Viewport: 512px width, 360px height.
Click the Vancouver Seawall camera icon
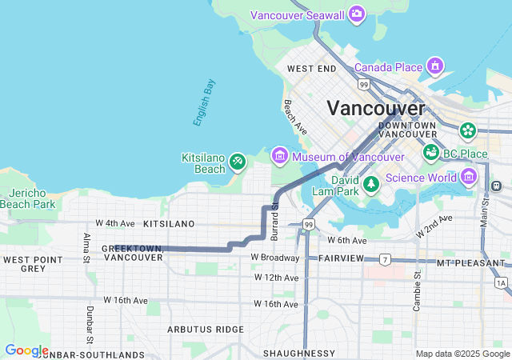point(357,14)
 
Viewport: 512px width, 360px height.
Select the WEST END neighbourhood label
point(312,70)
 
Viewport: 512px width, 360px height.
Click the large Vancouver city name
point(376,108)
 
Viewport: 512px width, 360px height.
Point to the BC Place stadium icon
point(432,151)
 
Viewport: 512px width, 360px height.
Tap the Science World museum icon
point(469,176)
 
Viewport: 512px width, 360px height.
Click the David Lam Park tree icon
point(370,185)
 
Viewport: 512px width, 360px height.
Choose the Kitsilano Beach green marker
point(237,162)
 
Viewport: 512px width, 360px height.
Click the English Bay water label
point(204,102)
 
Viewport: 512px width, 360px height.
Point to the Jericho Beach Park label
point(32,199)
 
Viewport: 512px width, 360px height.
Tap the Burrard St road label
point(274,221)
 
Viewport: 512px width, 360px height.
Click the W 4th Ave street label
point(110,222)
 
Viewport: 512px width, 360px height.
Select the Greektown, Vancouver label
point(133,253)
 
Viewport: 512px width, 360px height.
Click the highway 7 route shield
point(385,260)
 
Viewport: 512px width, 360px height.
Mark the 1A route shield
point(501,282)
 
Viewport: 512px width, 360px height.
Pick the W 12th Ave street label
point(276,278)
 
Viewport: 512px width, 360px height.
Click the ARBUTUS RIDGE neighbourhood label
point(205,330)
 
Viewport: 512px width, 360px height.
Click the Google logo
point(26,350)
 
